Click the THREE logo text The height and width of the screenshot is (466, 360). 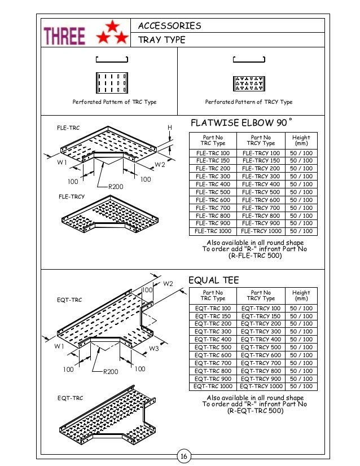[x=65, y=37]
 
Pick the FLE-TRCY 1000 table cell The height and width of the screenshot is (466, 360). [x=260, y=231]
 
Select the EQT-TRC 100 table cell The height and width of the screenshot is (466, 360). [x=213, y=309]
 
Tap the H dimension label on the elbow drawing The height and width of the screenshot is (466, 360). [x=169, y=128]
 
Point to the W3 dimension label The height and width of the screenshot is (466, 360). [x=155, y=349]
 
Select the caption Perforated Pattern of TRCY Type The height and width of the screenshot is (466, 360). [x=248, y=102]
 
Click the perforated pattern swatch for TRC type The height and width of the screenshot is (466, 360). [x=111, y=83]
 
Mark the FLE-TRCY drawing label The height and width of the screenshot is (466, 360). [x=72, y=197]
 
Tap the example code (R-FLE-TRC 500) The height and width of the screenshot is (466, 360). [x=255, y=256]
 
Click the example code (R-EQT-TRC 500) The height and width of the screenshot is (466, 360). [x=255, y=411]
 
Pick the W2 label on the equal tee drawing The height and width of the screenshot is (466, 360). [x=168, y=284]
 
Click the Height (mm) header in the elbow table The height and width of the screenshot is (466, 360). [x=301, y=140]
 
